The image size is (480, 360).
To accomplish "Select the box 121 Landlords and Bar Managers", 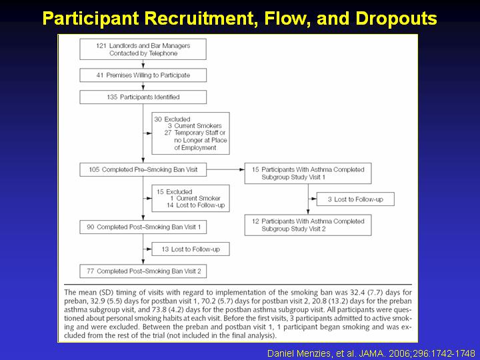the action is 143,49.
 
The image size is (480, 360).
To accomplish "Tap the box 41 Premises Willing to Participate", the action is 143,75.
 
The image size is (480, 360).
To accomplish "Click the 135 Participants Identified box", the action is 143,97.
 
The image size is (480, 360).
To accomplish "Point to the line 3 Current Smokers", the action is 195,126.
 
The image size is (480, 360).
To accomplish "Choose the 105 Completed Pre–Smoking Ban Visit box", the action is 143,169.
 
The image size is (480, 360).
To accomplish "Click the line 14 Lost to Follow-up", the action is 195,205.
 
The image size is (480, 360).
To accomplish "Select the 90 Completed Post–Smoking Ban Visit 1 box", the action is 143,227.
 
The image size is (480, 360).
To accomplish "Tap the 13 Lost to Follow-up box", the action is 191,249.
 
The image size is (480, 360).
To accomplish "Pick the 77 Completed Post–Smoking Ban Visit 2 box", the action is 143,271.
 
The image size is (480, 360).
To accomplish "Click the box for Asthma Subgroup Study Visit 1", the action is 308,173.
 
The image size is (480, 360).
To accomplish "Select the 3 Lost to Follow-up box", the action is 355,199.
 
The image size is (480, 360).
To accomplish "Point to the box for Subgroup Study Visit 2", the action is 308,225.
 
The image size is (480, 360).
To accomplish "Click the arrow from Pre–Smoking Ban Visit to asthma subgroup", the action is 225,169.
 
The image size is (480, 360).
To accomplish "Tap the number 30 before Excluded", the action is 158,119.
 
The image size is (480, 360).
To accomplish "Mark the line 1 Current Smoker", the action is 195,198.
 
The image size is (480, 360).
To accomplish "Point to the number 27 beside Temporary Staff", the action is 168,133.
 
